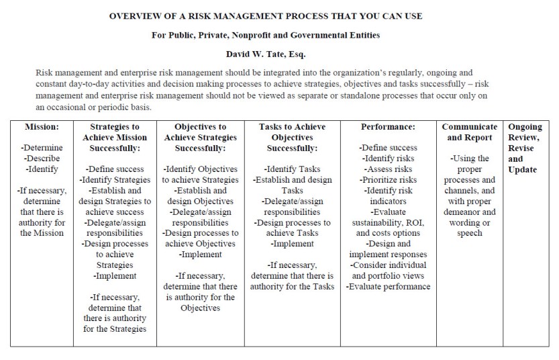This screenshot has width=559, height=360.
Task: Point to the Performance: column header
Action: pyautogui.click(x=388, y=126)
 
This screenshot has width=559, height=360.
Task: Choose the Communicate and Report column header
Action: pyautogui.click(x=469, y=132)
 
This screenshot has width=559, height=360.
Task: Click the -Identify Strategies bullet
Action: pyautogui.click(x=114, y=180)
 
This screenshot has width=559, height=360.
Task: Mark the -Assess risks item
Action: pyautogui.click(x=388, y=169)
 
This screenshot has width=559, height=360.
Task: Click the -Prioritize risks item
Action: pyautogui.click(x=388, y=180)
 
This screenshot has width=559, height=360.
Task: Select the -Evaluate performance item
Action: pyautogui.click(x=388, y=287)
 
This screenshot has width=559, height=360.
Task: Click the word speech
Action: pyautogui.click(x=469, y=234)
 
